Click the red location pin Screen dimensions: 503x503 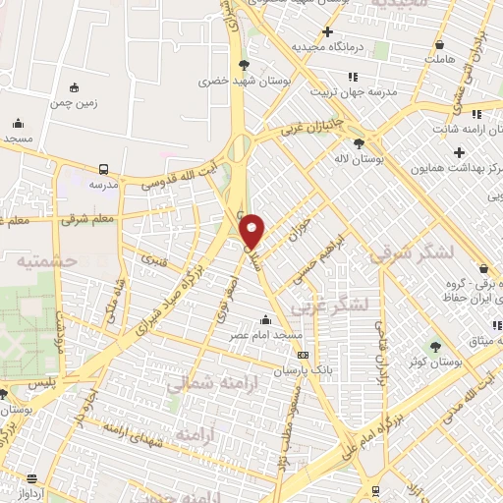tap(253, 231)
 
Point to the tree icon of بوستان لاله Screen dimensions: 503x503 tap(371, 142)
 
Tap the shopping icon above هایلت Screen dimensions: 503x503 tap(438, 44)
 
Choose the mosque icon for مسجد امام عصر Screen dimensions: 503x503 tap(264, 319)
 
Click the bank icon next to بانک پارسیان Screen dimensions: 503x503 tap(303, 355)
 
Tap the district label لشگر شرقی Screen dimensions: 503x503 tap(413, 253)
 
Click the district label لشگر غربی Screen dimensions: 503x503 tap(336, 305)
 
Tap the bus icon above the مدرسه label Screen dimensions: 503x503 tap(103, 168)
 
